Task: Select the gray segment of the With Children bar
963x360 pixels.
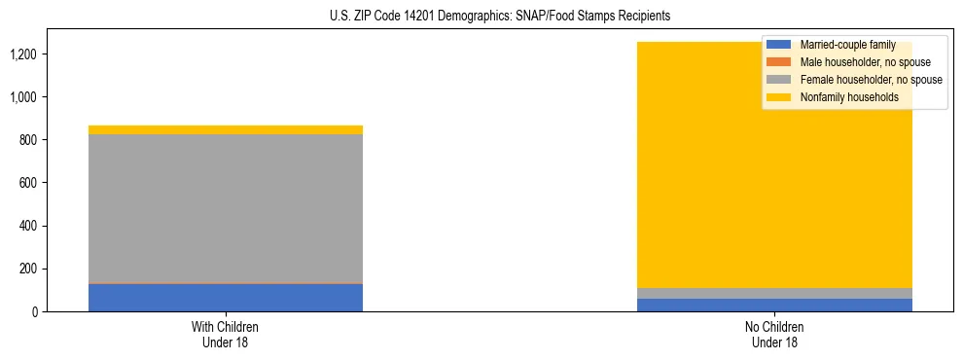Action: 226,208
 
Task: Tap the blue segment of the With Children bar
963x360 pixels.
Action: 226,298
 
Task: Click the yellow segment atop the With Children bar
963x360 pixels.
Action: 226,129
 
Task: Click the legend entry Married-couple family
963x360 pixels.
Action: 846,45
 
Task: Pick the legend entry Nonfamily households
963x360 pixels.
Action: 848,97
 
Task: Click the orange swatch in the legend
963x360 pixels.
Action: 779,62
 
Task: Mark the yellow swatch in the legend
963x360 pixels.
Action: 779,97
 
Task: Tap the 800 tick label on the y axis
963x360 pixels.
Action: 29,140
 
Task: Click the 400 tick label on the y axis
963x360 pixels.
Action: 29,226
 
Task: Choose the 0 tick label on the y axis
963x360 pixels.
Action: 36,311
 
